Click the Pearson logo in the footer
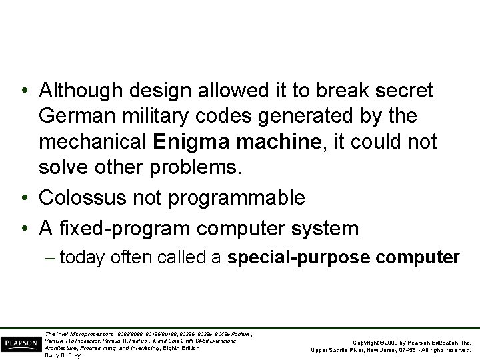coord(21,343)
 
